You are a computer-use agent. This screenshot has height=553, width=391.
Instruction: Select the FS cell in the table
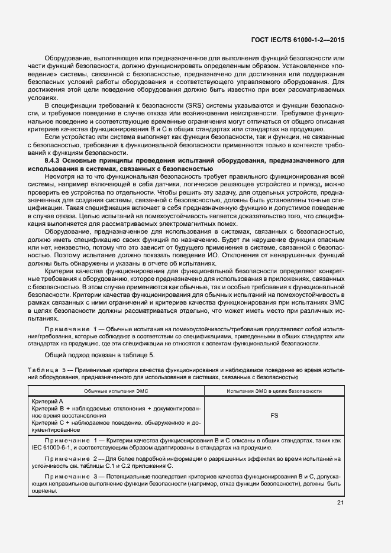point(274,416)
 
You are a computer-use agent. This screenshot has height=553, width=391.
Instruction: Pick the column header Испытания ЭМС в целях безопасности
point(274,392)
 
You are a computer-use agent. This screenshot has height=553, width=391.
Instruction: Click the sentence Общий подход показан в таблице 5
point(99,355)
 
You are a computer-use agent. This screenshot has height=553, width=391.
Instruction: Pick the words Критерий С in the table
point(49,423)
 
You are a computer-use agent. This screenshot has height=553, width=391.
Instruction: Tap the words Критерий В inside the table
point(49,408)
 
